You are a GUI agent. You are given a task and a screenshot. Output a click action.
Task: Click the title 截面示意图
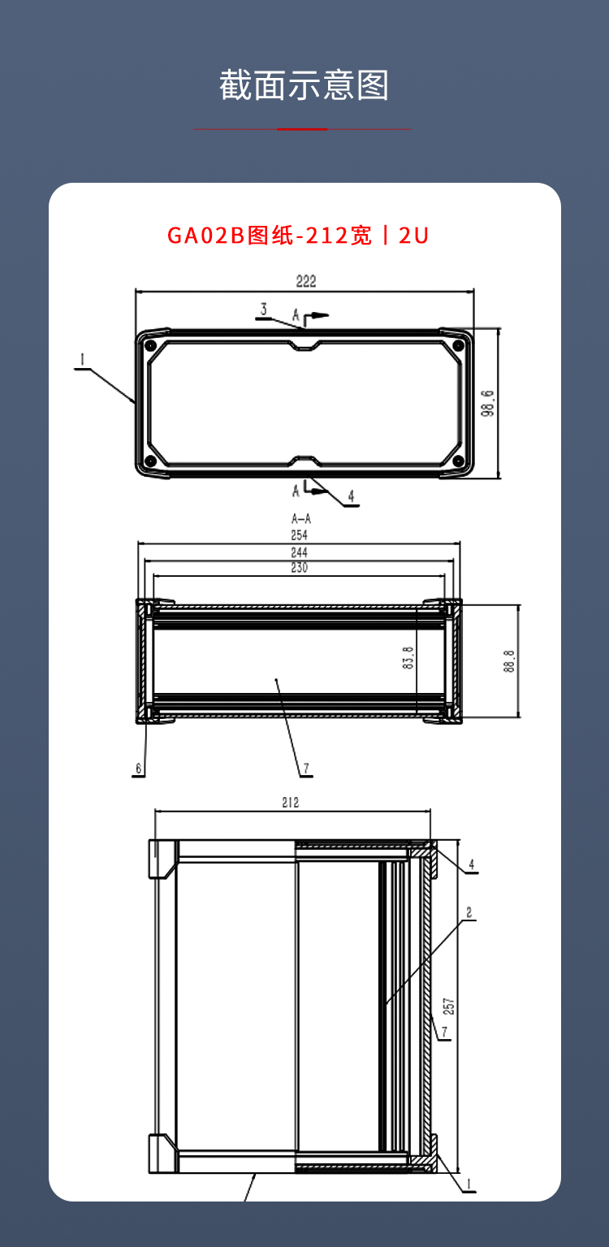click(304, 85)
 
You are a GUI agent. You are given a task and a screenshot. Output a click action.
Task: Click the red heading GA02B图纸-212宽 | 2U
click(298, 236)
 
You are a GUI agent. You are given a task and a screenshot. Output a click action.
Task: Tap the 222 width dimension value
click(306, 281)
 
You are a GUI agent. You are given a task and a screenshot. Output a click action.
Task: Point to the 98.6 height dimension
click(488, 403)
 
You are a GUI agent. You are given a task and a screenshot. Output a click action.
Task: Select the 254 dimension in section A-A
click(300, 535)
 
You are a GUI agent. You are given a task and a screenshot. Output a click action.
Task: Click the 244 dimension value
click(300, 552)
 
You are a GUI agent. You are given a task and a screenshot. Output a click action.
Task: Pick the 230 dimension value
click(300, 567)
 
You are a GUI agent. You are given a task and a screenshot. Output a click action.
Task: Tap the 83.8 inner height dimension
click(408, 657)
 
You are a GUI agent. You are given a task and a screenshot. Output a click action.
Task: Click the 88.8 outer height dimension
click(509, 661)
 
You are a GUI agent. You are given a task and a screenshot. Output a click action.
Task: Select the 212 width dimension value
click(291, 802)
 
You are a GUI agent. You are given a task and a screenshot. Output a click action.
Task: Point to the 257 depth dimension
click(449, 1006)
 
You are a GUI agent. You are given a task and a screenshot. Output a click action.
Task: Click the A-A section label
click(301, 519)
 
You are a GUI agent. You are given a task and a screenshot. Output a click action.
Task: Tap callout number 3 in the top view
click(264, 309)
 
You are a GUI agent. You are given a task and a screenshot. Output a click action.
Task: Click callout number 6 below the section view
click(139, 769)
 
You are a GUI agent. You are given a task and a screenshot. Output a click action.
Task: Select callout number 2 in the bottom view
click(469, 912)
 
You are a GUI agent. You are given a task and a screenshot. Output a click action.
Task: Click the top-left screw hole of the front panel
click(149, 346)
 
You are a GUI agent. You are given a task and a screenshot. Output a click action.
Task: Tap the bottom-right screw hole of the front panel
click(458, 461)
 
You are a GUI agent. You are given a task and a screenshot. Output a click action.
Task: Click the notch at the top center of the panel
click(304, 346)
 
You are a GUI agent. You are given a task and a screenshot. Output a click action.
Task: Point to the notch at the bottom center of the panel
click(304, 461)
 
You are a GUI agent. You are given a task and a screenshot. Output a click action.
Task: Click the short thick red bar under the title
click(302, 129)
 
